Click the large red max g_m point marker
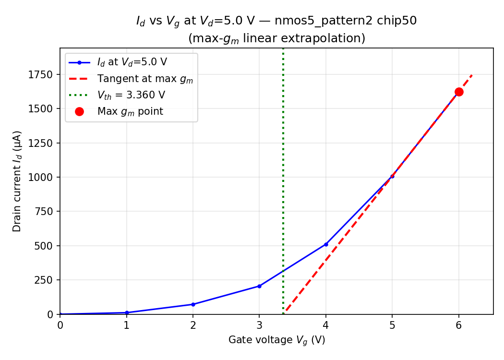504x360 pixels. (x=459, y=92)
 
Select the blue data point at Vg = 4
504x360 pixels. (x=326, y=244)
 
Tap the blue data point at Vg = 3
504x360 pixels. (x=259, y=286)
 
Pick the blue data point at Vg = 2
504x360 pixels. (x=193, y=304)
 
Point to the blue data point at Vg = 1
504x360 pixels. (x=127, y=312)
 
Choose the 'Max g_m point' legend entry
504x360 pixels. (x=130, y=111)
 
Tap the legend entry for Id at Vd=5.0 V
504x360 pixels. (x=132, y=62)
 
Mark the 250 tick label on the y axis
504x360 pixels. (x=44, y=280)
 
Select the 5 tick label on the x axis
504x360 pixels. (x=392, y=325)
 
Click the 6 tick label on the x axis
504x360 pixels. (x=459, y=325)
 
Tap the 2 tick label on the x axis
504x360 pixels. (x=193, y=325)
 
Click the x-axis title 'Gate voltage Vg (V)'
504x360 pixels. (x=276, y=340)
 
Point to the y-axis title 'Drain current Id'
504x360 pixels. (x=17, y=181)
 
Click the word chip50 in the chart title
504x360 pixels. (x=399, y=21)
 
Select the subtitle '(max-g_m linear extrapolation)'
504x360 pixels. (x=276, y=38)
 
